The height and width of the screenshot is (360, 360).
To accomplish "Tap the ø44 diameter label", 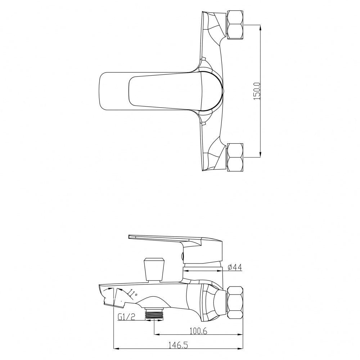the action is coord(235,267).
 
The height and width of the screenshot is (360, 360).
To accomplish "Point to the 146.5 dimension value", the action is coord(178,345).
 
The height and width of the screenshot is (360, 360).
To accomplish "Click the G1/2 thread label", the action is coord(126,317).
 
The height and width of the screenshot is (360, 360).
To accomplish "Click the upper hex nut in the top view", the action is coord(235,25).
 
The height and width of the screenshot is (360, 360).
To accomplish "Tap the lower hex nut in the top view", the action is coord(235,157).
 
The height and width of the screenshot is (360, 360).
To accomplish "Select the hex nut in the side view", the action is coord(235,302).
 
